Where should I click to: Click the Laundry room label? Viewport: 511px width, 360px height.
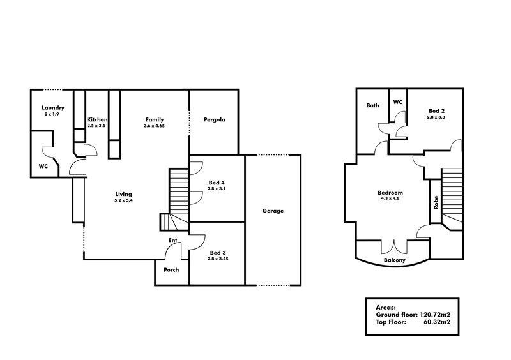tap(53, 108)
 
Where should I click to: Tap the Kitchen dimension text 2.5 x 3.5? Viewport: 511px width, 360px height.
tap(96, 126)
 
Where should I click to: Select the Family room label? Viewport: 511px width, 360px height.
tap(155, 119)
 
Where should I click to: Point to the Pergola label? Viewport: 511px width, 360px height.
tap(215, 119)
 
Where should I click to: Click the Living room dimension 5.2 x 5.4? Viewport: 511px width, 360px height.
tap(123, 200)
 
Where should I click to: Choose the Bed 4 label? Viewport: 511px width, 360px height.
tap(217, 183)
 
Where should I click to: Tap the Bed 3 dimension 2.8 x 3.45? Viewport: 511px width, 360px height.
tap(218, 259)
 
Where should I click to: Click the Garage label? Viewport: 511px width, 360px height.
tap(273, 211)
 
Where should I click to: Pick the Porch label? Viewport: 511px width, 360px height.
tap(171, 270)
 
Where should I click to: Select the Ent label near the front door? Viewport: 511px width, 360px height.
tap(172, 240)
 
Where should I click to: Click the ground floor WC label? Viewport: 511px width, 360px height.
tap(43, 166)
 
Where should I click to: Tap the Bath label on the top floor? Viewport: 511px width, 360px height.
tap(372, 105)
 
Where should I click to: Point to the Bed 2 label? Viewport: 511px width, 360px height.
tap(436, 111)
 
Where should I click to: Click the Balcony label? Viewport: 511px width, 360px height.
tap(395, 260)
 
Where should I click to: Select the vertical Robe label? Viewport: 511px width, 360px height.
tap(436, 202)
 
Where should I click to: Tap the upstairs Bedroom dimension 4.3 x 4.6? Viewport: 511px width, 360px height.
tap(390, 198)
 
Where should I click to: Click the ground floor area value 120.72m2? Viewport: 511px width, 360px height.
tap(434, 315)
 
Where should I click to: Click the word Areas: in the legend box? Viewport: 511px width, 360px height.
tap(386, 307)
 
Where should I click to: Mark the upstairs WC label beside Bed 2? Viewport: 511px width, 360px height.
tap(397, 102)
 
